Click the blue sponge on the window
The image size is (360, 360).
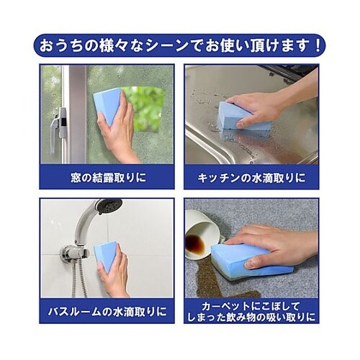click(107, 106)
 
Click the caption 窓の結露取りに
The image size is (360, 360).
click(109, 178)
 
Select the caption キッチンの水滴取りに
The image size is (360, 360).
click(251, 178)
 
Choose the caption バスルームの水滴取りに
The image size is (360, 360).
click(107, 312)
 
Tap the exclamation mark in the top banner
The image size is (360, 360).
click(318, 45)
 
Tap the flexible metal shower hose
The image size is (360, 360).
click(80, 279)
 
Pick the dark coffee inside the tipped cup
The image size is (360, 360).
click(194, 243)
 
